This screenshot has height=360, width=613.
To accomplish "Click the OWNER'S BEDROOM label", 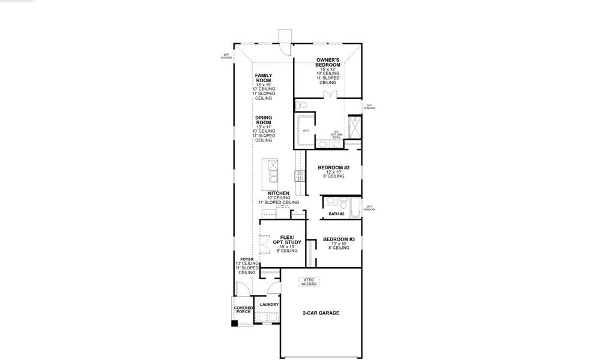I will [x=328, y=62].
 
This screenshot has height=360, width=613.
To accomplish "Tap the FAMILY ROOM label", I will [x=263, y=78].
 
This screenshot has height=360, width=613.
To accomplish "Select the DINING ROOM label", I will [x=264, y=120].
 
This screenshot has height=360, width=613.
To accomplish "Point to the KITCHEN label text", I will [x=270, y=193].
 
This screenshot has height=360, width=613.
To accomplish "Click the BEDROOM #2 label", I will [x=333, y=168].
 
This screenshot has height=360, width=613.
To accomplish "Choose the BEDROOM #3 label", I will [x=339, y=239].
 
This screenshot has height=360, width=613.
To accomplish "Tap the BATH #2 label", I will [x=336, y=214].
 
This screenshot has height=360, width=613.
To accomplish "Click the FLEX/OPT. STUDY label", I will [x=286, y=239].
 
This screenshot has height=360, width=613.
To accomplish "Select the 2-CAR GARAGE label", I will [x=321, y=313].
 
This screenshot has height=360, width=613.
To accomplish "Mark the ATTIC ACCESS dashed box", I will [x=309, y=282].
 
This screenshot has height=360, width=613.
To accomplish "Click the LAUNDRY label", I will [x=268, y=305].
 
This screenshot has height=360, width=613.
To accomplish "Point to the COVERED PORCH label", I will [x=243, y=310].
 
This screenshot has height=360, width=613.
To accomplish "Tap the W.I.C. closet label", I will [x=306, y=130].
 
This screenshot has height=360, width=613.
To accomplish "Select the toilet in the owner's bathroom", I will [x=303, y=105].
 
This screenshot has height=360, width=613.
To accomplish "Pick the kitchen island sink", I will [x=273, y=176].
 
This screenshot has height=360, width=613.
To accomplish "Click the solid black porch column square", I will [x=235, y=324].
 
